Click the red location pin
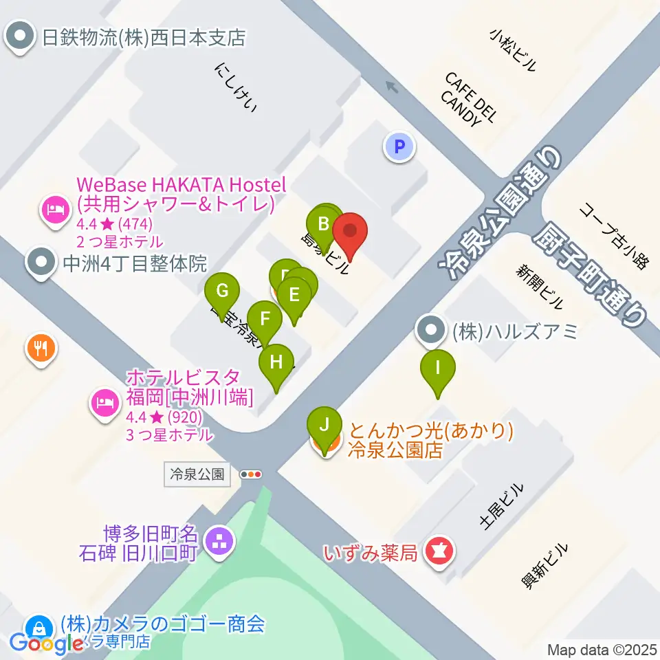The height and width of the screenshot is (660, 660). pos(350,233)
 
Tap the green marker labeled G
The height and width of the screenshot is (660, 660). pos(222,291)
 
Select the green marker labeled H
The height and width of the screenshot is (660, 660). pos(276,362)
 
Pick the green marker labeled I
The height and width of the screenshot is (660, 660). pos(438,368)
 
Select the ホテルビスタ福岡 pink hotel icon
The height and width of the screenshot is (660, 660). pos(104,401)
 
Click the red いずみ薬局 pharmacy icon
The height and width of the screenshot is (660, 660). pos(437,551)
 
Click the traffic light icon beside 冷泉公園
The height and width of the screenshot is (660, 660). pos(251,474)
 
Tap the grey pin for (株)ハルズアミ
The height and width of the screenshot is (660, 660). pos(431,331)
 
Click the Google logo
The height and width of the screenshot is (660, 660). pos(47,642)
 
